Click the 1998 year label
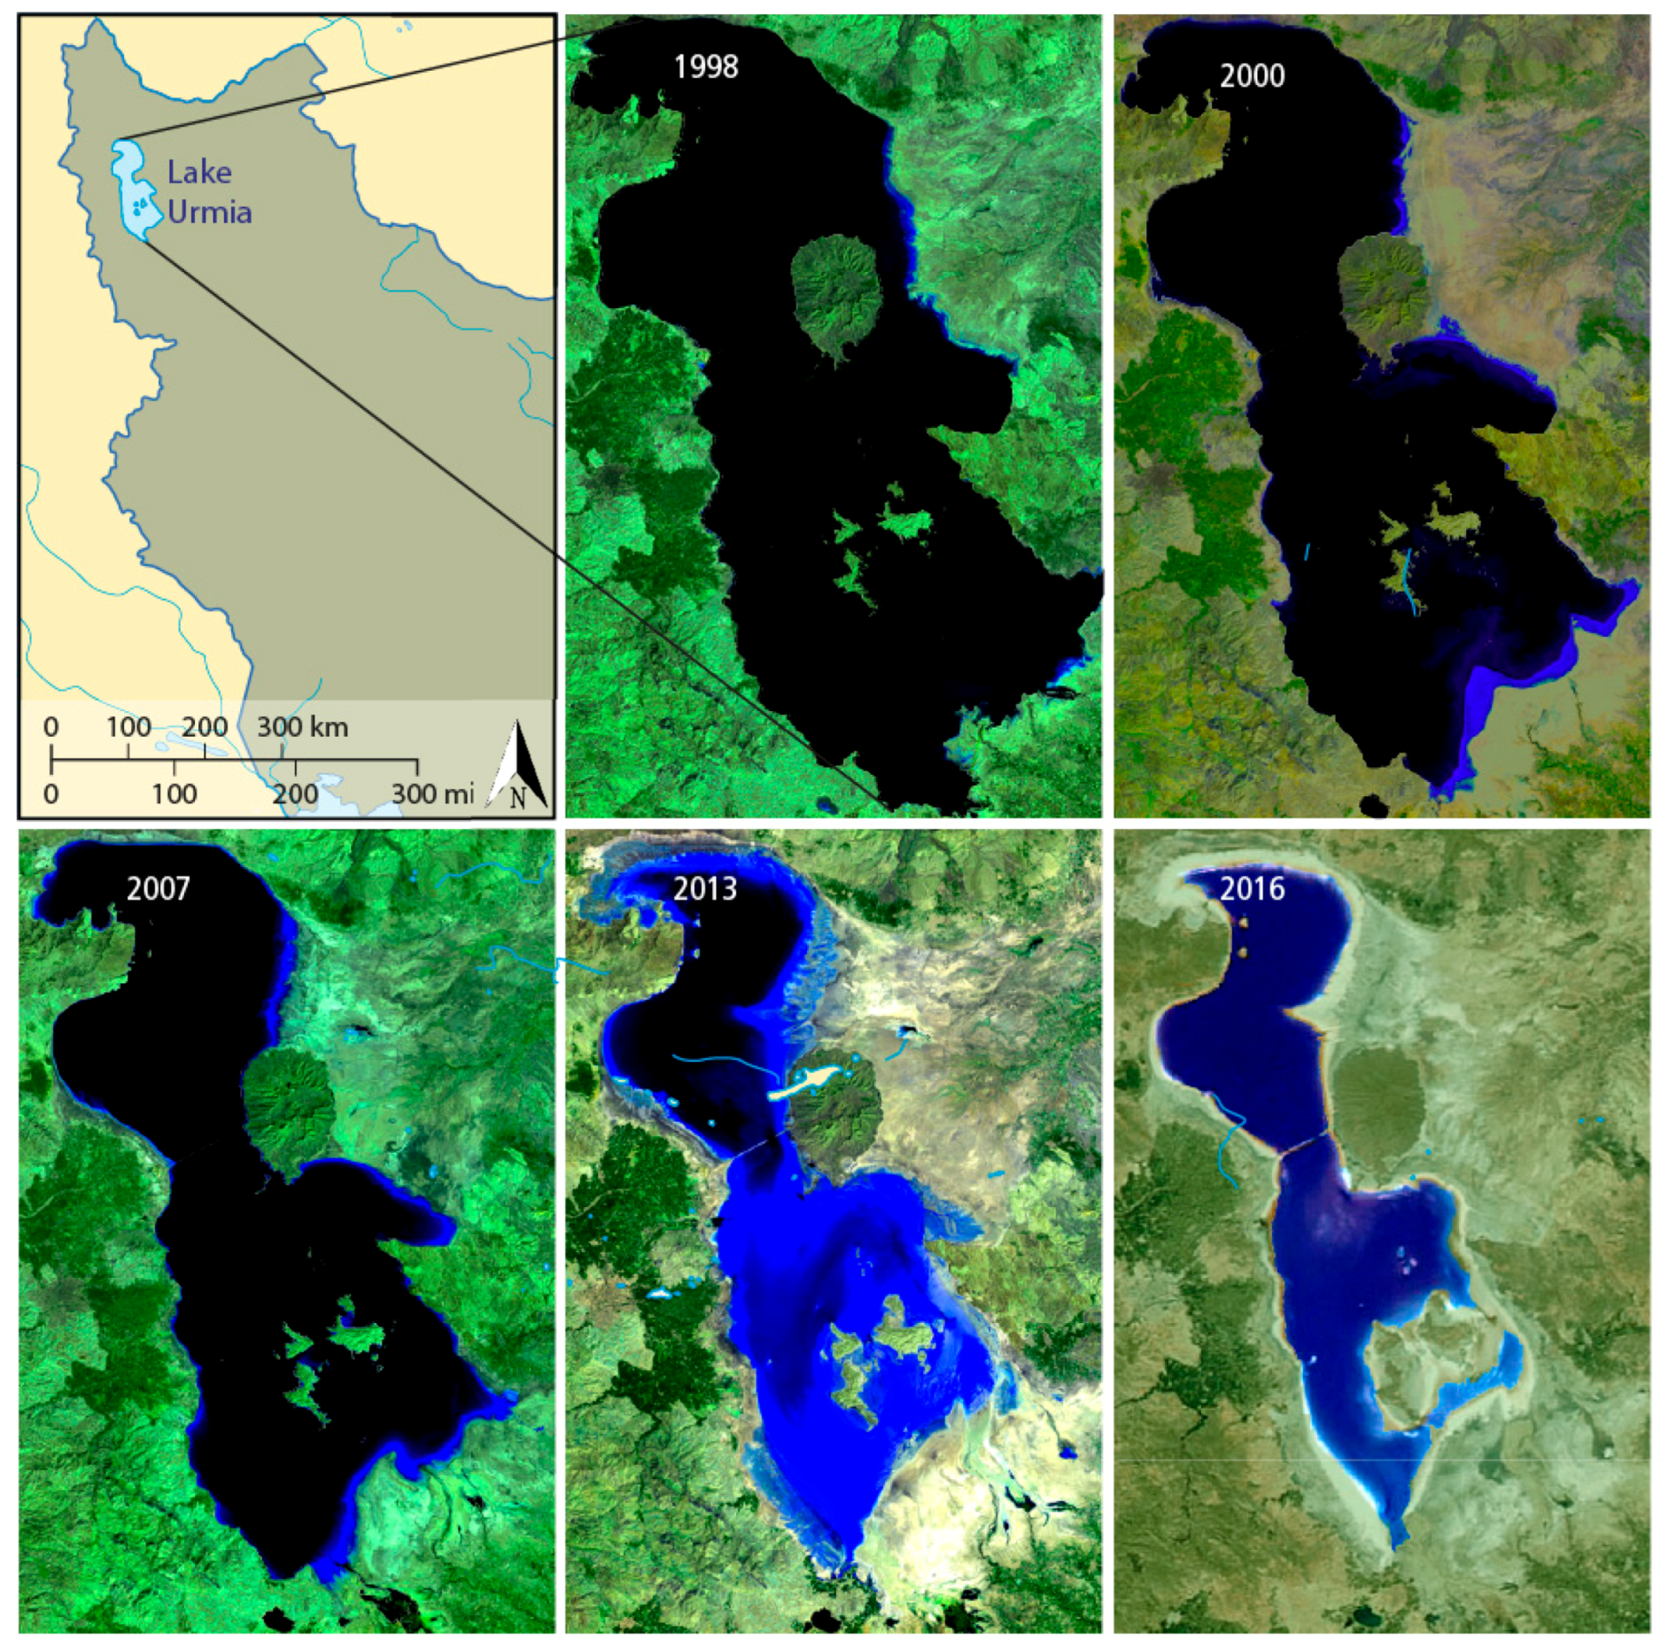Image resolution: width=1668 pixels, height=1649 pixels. (705, 66)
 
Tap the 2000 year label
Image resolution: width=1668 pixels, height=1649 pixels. (1252, 75)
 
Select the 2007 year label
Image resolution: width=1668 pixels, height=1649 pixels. (158, 887)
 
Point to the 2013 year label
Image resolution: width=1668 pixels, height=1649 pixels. (704, 887)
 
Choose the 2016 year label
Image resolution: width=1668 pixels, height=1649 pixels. (1252, 887)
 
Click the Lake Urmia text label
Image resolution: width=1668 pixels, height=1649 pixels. (208, 192)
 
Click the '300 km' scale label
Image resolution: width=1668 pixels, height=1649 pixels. (302, 727)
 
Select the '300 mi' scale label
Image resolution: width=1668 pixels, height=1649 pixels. (432, 793)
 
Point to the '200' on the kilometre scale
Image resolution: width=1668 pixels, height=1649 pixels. (205, 727)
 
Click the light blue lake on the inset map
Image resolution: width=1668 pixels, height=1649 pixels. (131, 188)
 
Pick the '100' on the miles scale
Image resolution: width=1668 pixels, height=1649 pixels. (174, 793)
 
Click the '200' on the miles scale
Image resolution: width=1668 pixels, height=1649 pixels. (295, 793)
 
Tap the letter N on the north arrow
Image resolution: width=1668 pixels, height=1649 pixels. (517, 797)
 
